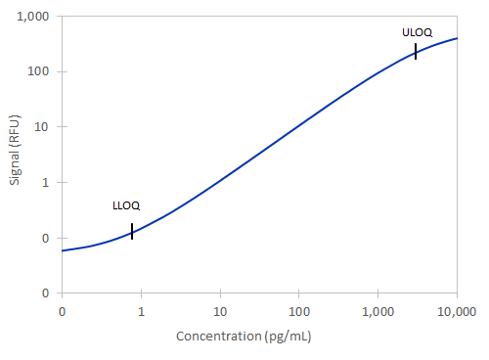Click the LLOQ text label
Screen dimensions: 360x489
click(126, 205)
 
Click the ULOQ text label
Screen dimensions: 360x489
click(417, 32)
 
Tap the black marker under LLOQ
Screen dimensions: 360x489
click(132, 231)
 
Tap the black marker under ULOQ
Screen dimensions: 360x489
click(416, 52)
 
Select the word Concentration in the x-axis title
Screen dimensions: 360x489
click(221, 337)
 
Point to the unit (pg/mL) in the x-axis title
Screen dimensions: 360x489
click(289, 337)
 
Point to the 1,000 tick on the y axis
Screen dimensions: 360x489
click(34, 17)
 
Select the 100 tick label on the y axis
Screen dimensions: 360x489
click(40, 71)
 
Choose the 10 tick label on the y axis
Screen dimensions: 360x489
click(44, 127)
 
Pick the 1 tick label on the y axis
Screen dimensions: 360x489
click(47, 182)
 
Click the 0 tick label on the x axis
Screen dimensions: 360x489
click(63, 311)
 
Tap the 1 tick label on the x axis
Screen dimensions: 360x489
click(142, 311)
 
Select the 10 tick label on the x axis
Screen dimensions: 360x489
click(221, 311)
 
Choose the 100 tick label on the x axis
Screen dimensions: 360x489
click(299, 311)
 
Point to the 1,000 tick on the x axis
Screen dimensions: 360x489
click(378, 311)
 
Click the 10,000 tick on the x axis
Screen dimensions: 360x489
click(457, 311)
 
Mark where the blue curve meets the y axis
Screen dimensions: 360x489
click(63, 250)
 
